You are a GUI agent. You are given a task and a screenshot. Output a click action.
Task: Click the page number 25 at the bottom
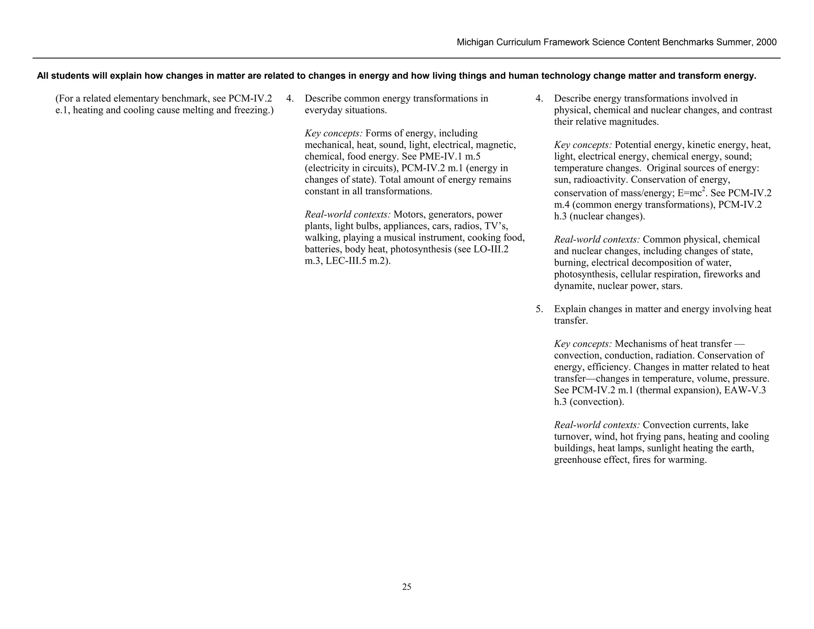tap(407, 587)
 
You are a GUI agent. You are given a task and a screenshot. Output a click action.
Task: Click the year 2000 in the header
tap(766, 43)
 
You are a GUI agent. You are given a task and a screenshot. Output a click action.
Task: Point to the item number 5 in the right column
tap(539, 309)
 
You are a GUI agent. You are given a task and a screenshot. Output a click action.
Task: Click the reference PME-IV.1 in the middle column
tap(441, 157)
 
